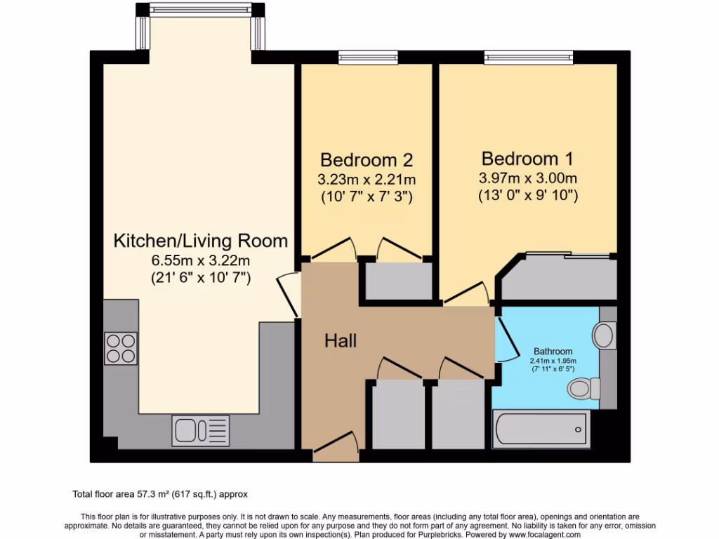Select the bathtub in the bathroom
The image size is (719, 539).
pyautogui.click(x=539, y=428)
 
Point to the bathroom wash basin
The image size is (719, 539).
pyautogui.click(x=603, y=335)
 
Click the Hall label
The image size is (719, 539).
pyautogui.click(x=341, y=341)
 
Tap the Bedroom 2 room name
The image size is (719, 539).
pyautogui.click(x=366, y=159)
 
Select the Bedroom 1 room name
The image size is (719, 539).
pyautogui.click(x=527, y=157)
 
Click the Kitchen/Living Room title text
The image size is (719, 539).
pyautogui.click(x=201, y=241)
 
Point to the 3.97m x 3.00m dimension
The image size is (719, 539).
pyautogui.click(x=527, y=178)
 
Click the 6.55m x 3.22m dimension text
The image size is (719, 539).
pyautogui.click(x=201, y=261)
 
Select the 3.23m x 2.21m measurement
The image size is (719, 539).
pyautogui.click(x=366, y=179)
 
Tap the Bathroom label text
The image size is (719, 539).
pyautogui.click(x=553, y=351)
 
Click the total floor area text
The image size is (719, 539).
pyautogui.click(x=160, y=494)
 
